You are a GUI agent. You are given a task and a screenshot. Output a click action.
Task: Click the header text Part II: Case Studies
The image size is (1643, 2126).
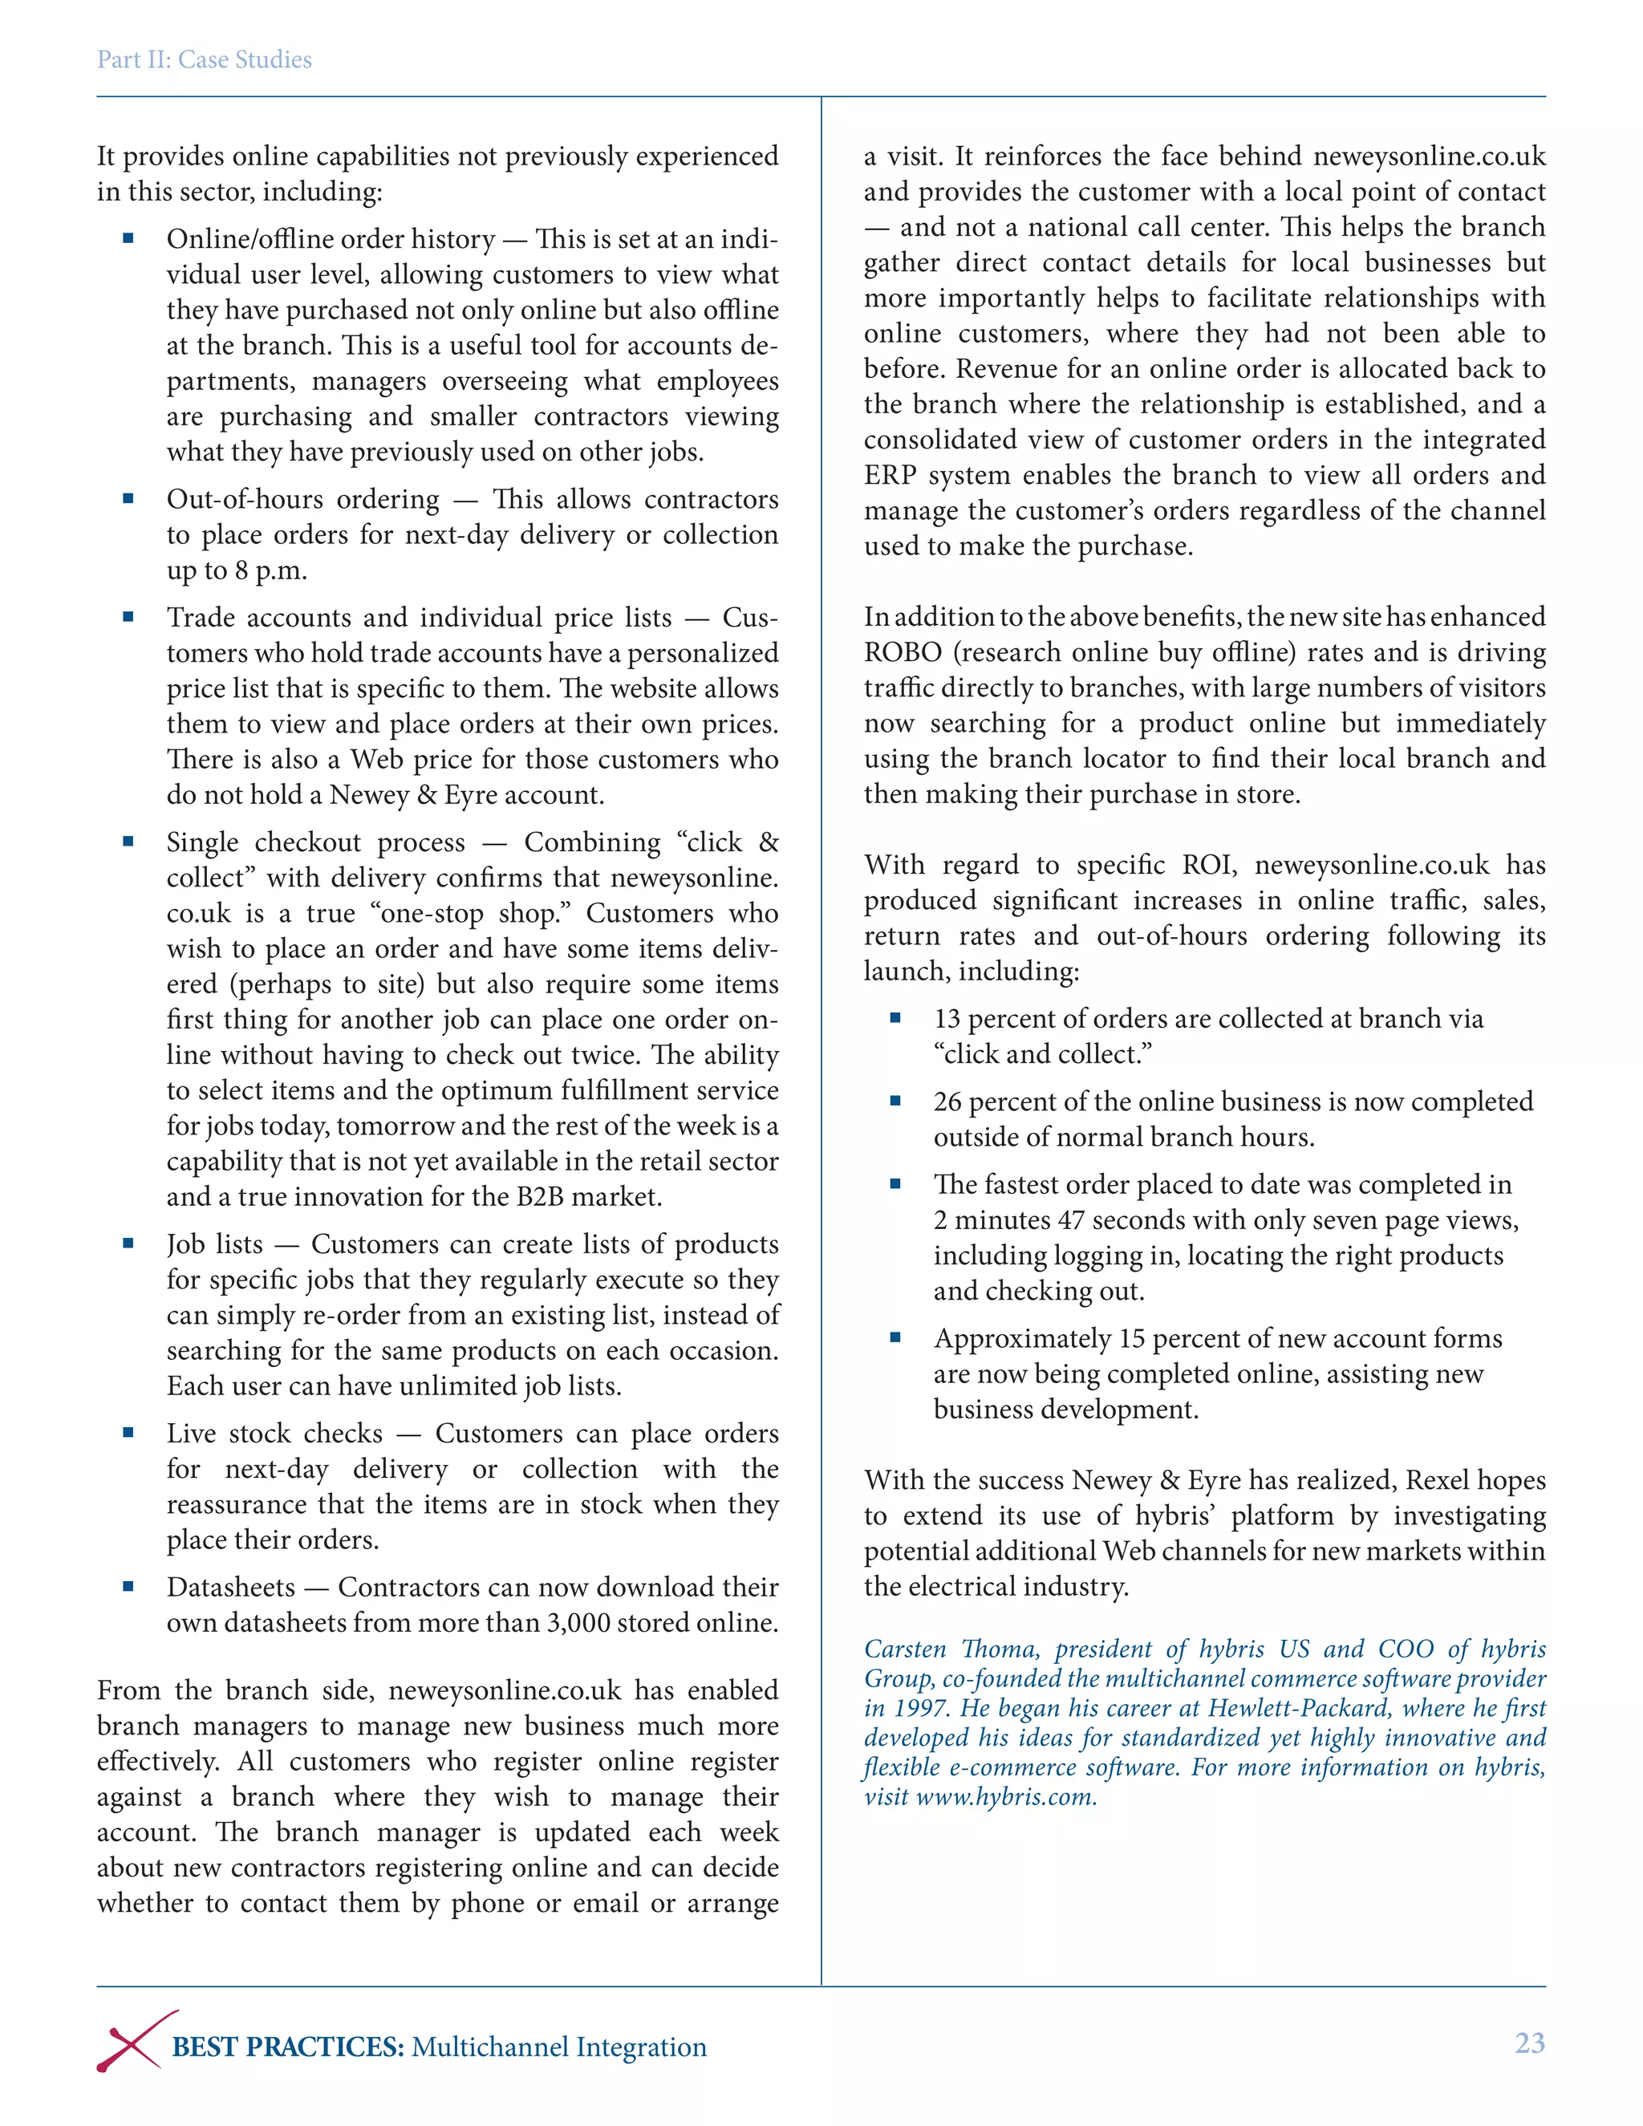205,60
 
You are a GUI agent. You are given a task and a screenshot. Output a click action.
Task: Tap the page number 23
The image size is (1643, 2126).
1529,2043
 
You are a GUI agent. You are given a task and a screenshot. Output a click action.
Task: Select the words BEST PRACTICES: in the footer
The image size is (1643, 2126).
288,2047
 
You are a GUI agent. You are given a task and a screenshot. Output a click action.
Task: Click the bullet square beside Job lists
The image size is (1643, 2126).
128,1243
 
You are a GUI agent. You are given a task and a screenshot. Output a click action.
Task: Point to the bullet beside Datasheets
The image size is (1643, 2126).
128,1586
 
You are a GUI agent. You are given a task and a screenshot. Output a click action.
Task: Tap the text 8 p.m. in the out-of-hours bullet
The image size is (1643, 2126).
270,570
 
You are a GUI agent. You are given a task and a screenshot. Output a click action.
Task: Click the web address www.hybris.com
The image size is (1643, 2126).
1005,1797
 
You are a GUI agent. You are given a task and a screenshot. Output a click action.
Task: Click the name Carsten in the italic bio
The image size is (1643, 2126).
905,1649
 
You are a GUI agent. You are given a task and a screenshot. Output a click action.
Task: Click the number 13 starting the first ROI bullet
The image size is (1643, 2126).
947,1019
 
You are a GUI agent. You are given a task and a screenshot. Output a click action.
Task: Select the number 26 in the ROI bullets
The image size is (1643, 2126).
947,1102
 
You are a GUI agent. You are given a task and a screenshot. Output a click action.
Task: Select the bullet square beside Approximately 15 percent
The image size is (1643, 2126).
895,1337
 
